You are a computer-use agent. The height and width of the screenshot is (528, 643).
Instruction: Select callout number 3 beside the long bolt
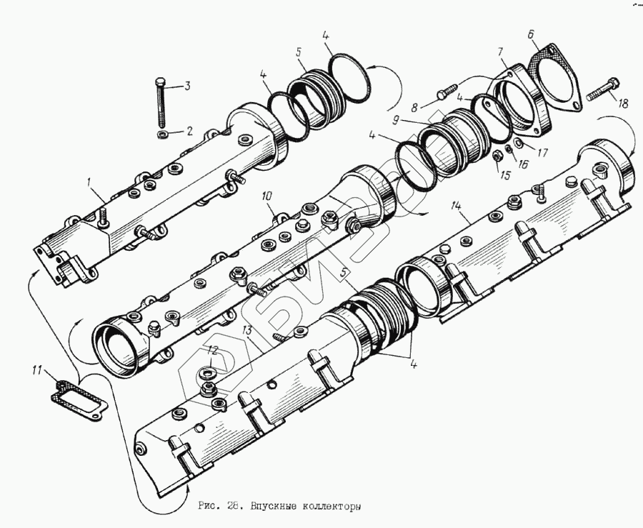coord(188,87)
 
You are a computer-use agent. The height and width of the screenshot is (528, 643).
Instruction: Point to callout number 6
coord(531,34)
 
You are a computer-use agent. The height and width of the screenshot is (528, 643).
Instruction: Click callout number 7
coord(501,51)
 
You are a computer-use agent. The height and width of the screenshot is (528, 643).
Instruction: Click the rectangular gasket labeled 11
coord(80,395)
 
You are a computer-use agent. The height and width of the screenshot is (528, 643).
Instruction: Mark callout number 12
coord(211,349)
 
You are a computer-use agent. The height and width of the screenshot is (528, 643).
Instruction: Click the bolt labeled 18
coord(600,91)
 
